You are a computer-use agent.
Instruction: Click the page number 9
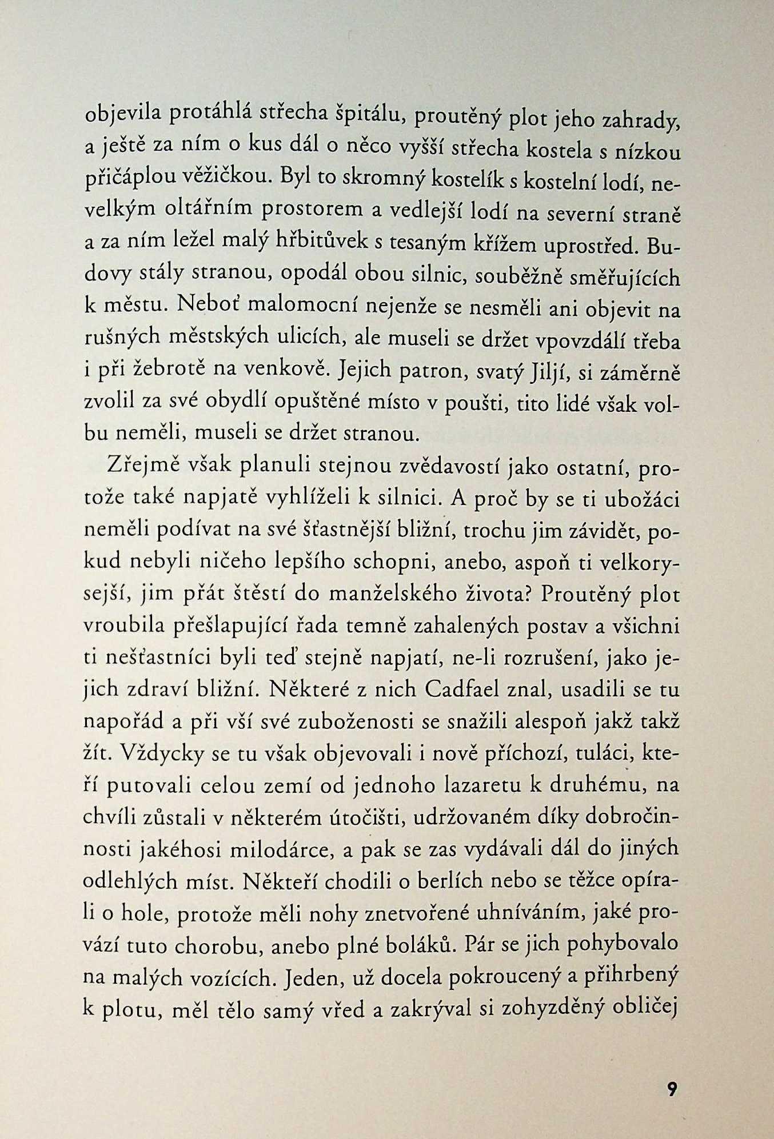672,1088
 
